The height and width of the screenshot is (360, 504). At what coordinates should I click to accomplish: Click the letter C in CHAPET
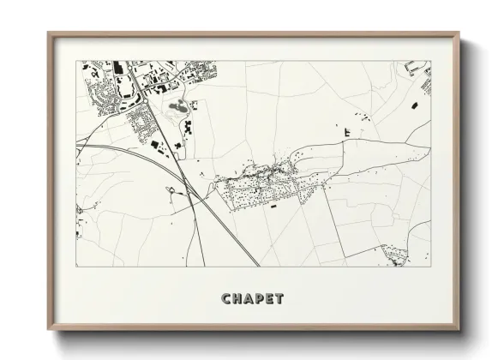pyautogui.click(x=228, y=299)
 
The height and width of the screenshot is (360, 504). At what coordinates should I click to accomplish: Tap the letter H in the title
pyautogui.click(x=239, y=299)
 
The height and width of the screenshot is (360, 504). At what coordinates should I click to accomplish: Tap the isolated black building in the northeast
pyautogui.click(x=414, y=104)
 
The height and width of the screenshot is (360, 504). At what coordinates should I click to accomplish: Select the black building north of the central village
pyautogui.click(x=347, y=132)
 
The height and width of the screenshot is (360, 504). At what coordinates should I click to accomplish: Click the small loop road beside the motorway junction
pyautogui.click(x=174, y=190)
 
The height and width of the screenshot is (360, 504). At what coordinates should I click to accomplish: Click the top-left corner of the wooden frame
pyautogui.click(x=49, y=34)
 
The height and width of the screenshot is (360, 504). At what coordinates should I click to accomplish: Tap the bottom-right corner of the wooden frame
pyautogui.click(x=459, y=330)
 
